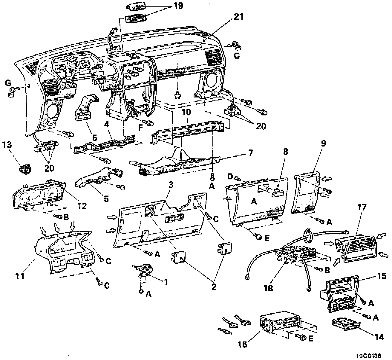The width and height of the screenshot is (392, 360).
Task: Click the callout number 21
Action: click(x=239, y=17)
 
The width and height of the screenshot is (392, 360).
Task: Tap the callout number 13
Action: click(x=7, y=145)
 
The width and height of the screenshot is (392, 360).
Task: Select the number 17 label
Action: click(x=362, y=207)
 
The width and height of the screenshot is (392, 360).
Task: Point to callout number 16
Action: click(x=243, y=344)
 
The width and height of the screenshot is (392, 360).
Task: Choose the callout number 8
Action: click(x=286, y=152)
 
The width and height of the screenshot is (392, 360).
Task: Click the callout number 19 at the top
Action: click(x=179, y=6)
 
